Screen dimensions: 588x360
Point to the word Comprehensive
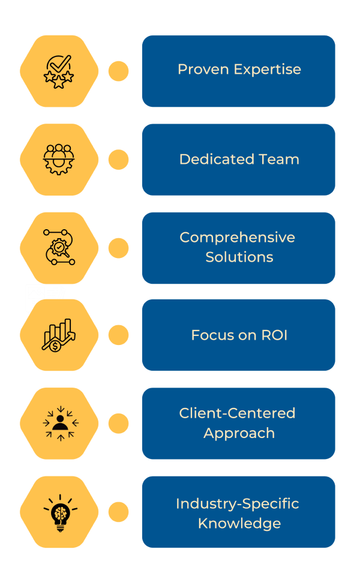coord(238,238)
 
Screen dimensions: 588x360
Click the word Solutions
coord(239,257)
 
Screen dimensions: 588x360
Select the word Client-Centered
coord(238,413)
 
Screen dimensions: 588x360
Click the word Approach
coord(239,433)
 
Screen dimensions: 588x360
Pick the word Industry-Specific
coord(238,503)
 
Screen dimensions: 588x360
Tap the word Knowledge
coord(239,523)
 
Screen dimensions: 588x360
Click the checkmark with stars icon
coord(59,71)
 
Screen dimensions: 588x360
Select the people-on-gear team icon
coord(59,160)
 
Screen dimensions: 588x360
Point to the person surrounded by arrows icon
coord(59,424)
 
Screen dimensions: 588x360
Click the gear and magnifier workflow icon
coord(59,247)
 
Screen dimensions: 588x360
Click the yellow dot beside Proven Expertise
coord(119,71)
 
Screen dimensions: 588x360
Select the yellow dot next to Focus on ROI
coord(119,335)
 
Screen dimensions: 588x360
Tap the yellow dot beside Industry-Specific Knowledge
coord(119,512)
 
